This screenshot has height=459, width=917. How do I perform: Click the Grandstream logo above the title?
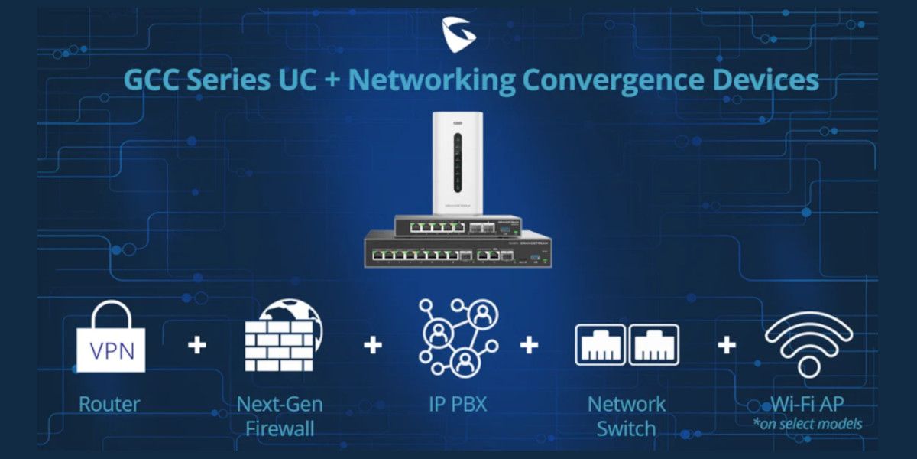point(458,33)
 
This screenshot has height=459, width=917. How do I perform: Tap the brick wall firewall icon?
point(281,337)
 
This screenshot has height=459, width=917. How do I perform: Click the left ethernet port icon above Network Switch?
point(599,343)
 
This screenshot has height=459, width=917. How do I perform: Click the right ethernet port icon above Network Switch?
point(653,343)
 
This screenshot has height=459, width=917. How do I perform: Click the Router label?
point(110,403)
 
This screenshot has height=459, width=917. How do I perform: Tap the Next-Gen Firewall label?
point(280,415)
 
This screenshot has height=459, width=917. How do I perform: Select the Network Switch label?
point(627,415)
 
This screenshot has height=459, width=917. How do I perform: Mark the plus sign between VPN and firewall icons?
point(197,345)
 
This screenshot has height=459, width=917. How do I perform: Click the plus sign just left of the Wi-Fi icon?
point(727,345)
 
